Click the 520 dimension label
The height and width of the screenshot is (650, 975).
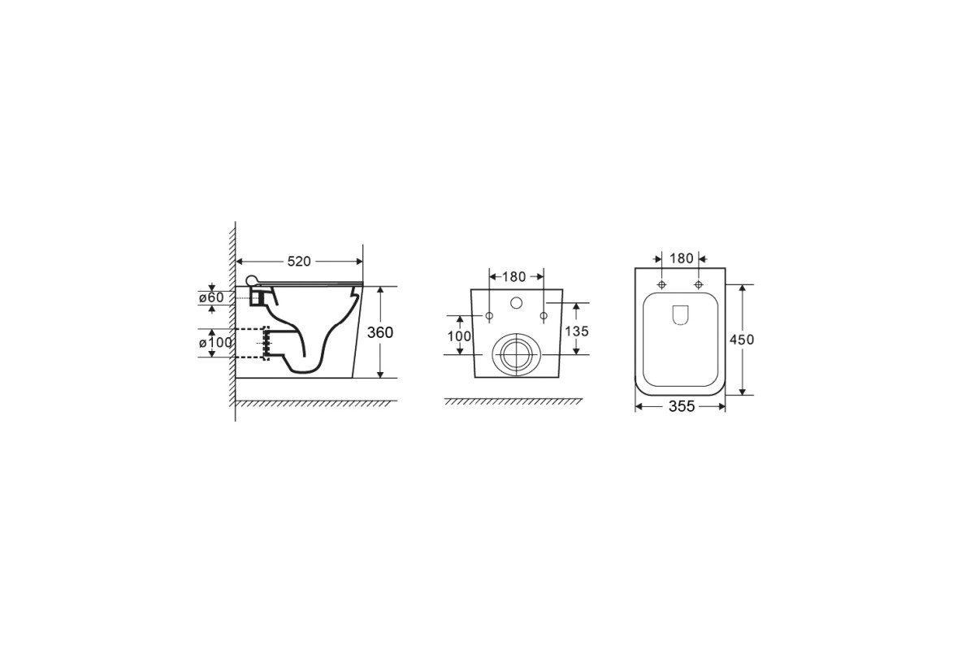299,262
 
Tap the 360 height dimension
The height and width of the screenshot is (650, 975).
380,332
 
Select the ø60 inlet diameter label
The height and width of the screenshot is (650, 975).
211,298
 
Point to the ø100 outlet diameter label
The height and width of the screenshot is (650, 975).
215,343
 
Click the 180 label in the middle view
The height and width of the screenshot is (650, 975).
514,276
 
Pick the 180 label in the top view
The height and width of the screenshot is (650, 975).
681,258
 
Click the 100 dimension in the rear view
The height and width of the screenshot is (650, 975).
459,336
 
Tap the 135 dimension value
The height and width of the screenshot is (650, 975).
577,331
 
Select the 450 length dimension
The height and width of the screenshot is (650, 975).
742,340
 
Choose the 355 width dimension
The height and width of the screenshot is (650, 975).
682,406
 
